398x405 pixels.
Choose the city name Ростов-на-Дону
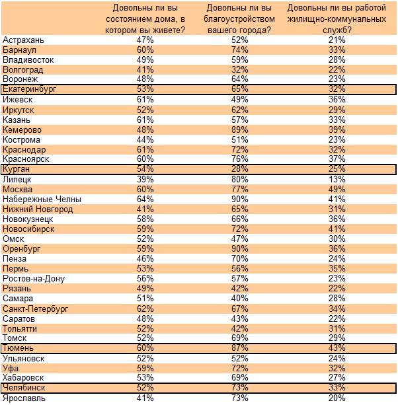point(34,279)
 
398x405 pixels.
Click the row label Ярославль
point(24,398)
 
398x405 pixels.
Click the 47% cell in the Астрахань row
point(145,40)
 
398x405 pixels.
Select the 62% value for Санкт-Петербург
point(145,309)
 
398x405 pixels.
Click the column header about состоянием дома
point(145,18)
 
